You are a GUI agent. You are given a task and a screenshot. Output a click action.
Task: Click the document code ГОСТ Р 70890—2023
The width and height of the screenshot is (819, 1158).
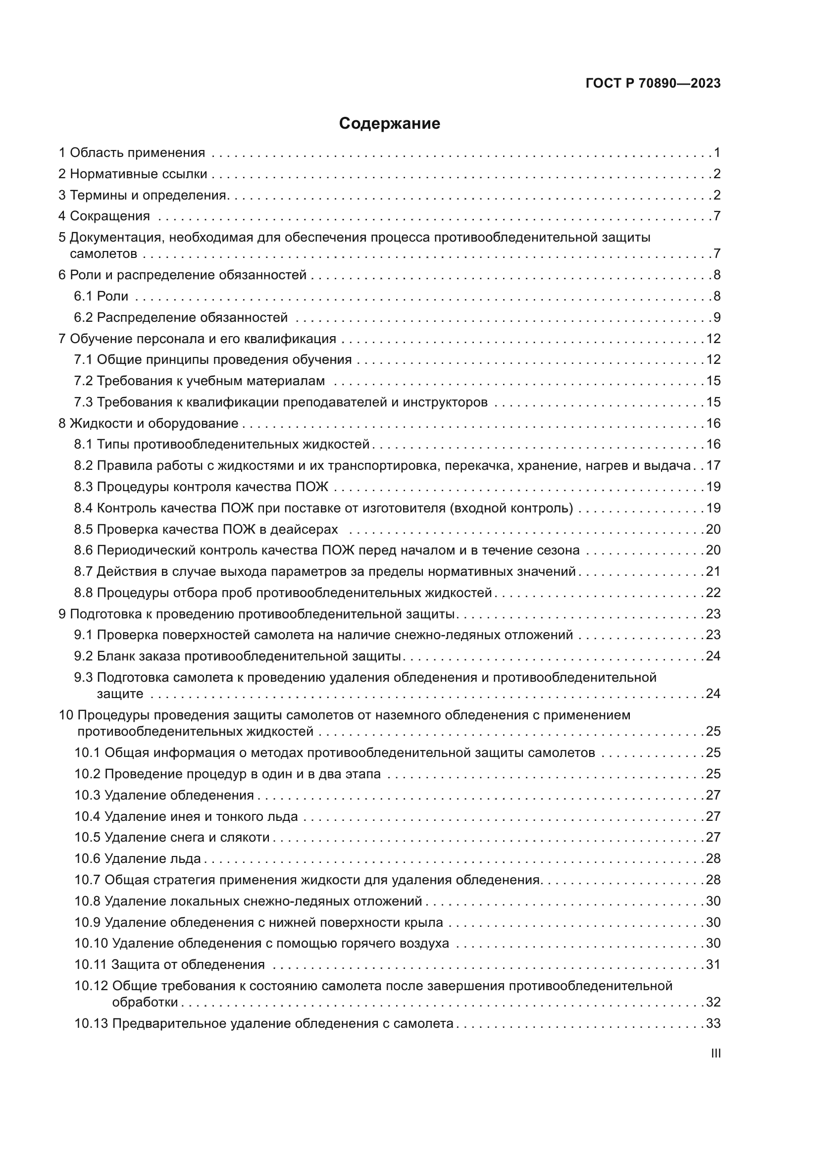[x=653, y=84]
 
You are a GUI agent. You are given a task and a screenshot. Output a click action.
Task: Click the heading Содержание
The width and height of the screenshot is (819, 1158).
[x=389, y=124]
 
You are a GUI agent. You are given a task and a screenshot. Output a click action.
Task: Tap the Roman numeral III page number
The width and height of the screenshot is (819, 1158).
[x=715, y=1054]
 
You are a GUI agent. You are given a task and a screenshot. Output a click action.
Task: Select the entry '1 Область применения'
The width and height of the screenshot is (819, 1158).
[x=132, y=153]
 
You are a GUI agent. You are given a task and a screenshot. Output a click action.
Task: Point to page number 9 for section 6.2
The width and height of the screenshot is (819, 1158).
[x=717, y=318]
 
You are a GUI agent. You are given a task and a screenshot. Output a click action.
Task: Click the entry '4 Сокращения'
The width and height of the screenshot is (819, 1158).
[x=104, y=216]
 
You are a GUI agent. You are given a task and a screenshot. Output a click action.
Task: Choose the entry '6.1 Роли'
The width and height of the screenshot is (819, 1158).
[x=102, y=297]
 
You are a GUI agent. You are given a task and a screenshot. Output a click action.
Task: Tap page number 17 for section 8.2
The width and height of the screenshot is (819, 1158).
[x=713, y=465]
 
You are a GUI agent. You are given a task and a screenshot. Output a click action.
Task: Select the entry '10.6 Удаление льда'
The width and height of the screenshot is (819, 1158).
[x=138, y=858]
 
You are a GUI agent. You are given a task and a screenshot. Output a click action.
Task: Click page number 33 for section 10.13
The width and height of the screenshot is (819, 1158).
[x=713, y=1023]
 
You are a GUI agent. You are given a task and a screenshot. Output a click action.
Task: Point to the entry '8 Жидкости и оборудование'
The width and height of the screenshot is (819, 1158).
[x=148, y=424]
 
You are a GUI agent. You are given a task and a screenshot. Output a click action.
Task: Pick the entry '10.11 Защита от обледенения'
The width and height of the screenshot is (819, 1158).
[x=169, y=965]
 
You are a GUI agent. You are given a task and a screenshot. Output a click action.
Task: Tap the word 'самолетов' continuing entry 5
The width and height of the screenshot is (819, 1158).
[x=103, y=253]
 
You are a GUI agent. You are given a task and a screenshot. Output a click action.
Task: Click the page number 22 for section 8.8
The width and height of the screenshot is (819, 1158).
[x=713, y=593]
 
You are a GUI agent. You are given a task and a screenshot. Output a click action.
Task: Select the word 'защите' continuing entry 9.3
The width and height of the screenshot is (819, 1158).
[x=120, y=694]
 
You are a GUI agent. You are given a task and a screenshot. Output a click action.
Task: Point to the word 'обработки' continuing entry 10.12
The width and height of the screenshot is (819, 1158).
[x=145, y=1002]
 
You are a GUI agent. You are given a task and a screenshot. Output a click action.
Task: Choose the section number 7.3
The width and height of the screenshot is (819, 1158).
[x=83, y=403]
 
